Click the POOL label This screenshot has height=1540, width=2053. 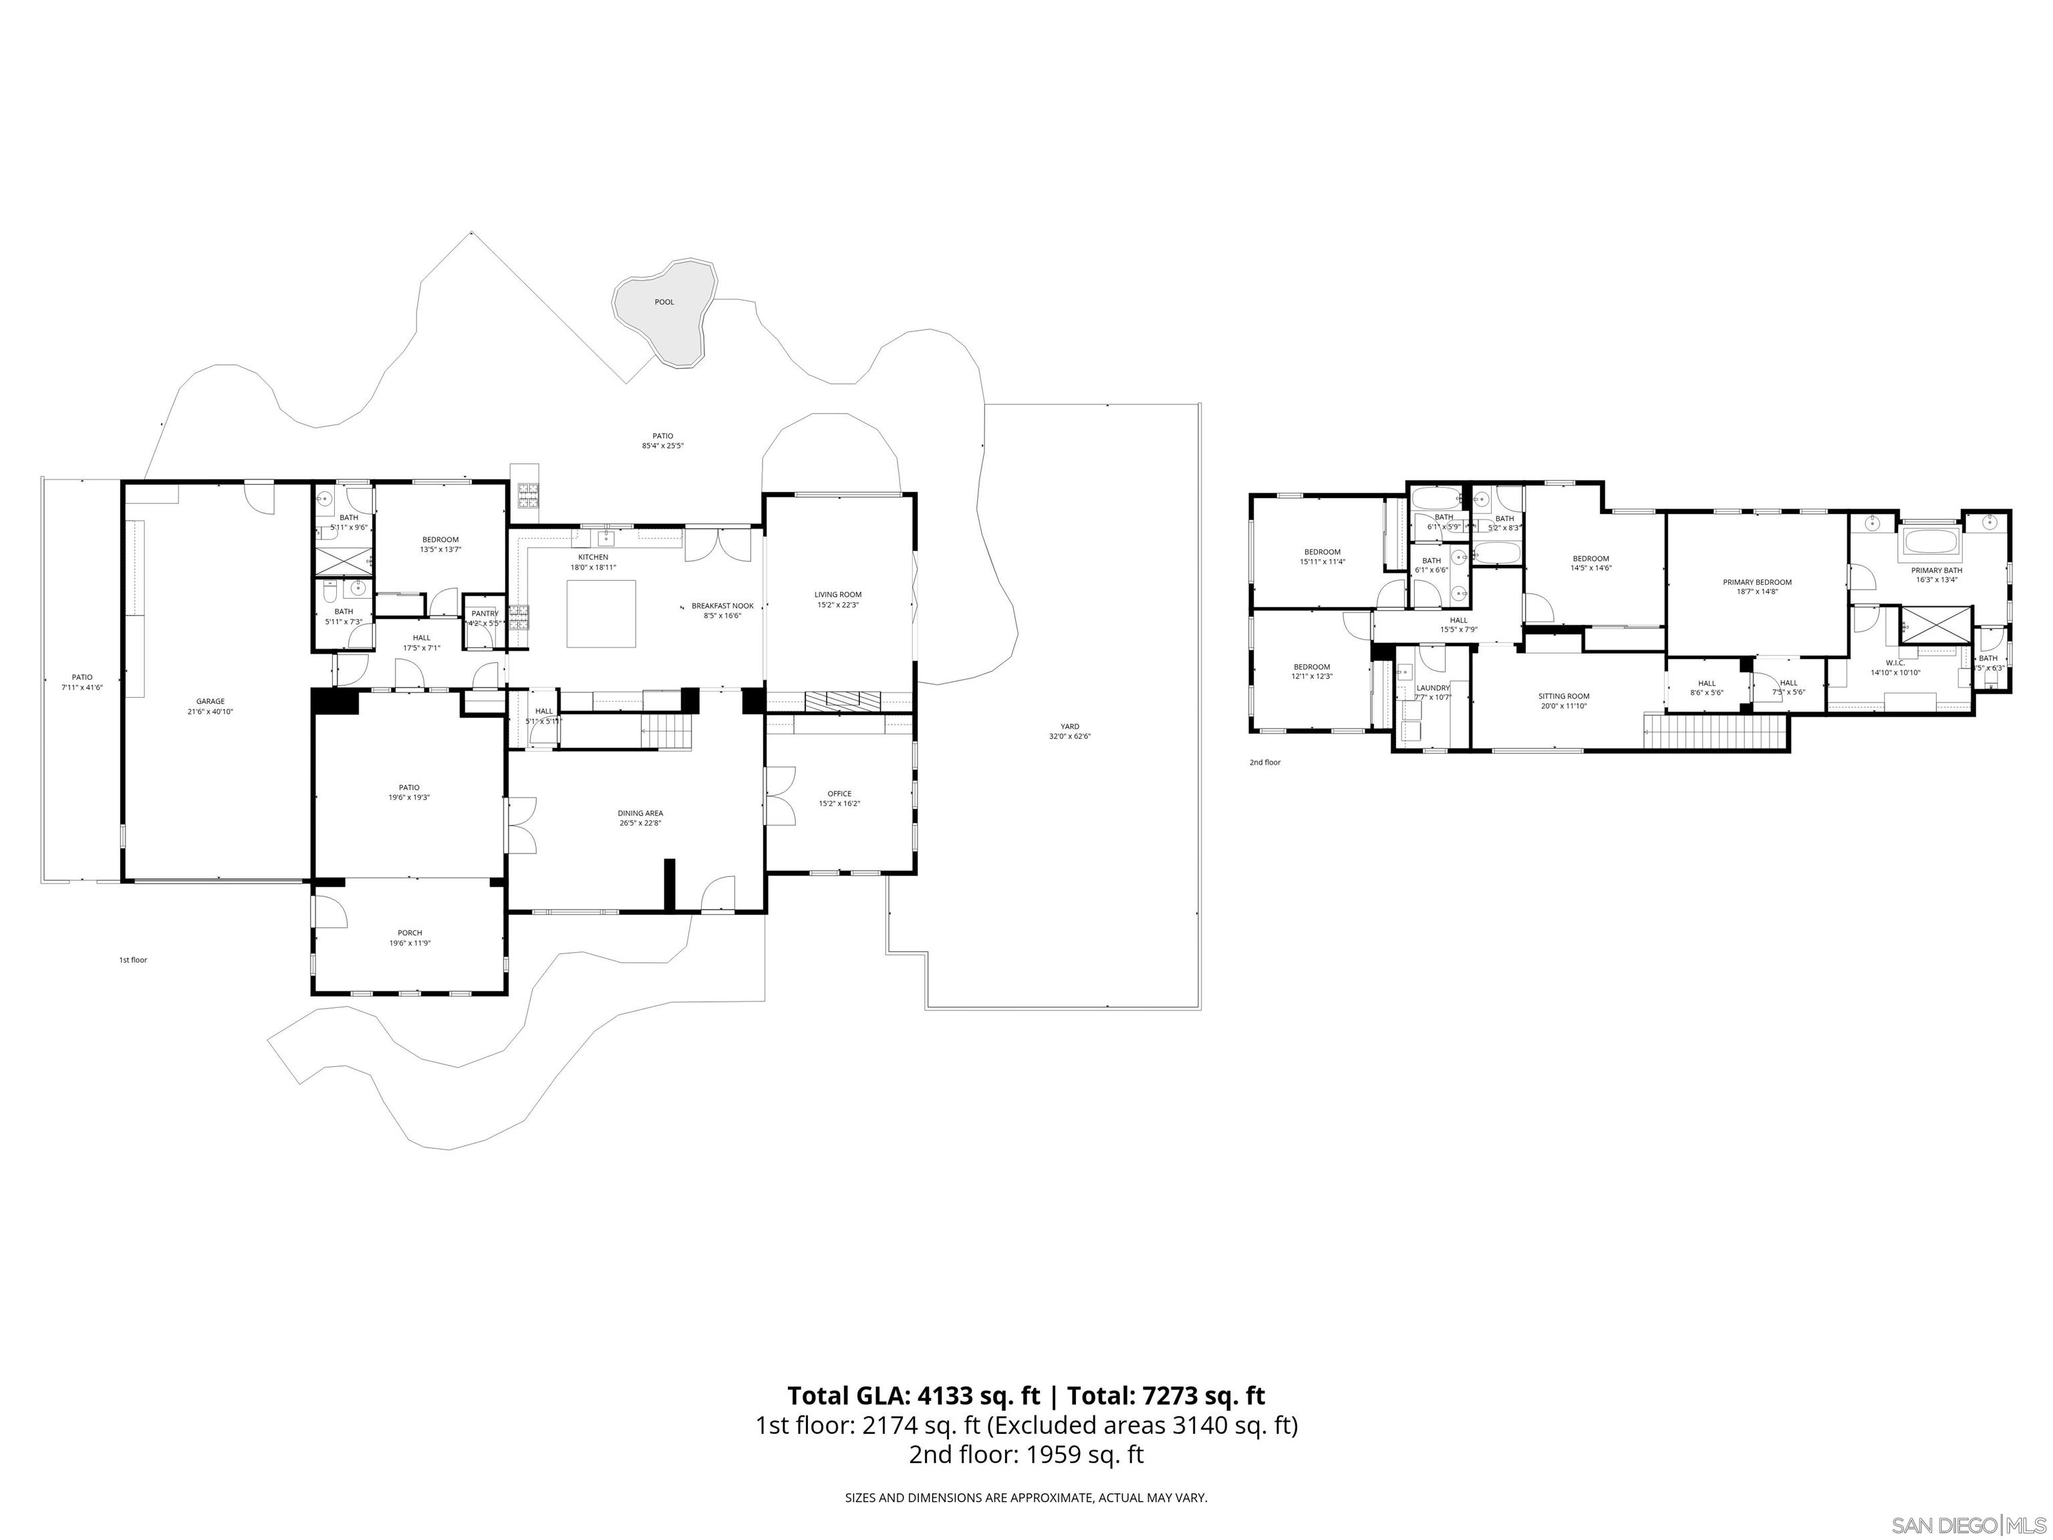coord(664,301)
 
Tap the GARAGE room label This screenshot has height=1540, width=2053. coord(210,702)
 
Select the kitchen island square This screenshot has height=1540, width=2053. coord(601,614)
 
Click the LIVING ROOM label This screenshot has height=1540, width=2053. coord(838,595)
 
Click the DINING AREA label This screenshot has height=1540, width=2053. coord(640,813)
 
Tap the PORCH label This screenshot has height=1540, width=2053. coord(409,933)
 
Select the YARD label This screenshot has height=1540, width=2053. coord(1070,727)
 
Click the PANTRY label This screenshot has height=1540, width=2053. coord(485,614)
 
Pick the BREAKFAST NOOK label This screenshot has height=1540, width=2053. coord(722,606)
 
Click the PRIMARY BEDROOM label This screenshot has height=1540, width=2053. coord(1757,582)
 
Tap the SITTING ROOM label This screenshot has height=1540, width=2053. coord(1564,696)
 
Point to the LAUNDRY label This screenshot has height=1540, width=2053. coord(1433,688)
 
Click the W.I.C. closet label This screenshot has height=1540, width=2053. coord(1895,663)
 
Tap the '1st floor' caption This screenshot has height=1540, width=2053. coord(133,960)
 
